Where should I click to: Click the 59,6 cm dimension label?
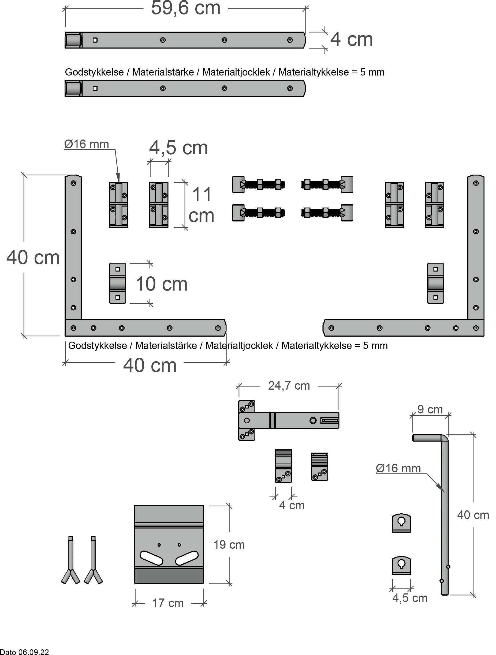click(x=185, y=8)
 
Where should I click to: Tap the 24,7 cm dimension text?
click(x=289, y=386)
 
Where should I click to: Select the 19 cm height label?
click(x=229, y=545)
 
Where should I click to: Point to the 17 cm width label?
click(x=168, y=603)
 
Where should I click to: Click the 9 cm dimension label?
click(x=430, y=409)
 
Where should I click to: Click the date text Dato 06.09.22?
click(x=24, y=652)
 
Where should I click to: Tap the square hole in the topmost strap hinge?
click(x=95, y=40)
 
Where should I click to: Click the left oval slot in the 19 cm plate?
click(x=151, y=558)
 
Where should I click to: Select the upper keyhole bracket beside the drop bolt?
click(x=401, y=523)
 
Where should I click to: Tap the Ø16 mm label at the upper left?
click(x=87, y=144)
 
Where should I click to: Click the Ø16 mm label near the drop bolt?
click(x=398, y=468)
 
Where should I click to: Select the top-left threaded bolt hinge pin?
click(x=258, y=185)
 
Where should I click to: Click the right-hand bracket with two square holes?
click(x=435, y=283)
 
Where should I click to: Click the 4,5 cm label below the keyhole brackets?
click(x=410, y=598)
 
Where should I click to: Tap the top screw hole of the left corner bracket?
click(x=73, y=183)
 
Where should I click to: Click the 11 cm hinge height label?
click(x=202, y=205)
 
